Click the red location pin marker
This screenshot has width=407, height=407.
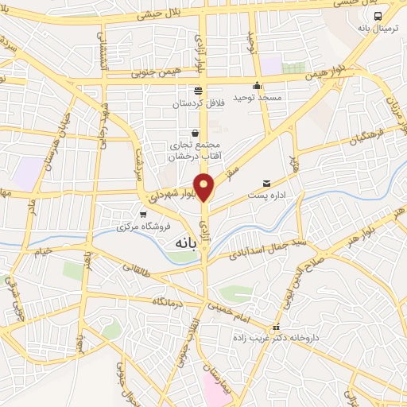tap(205, 188)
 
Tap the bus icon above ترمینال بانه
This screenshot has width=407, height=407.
tap(378, 16)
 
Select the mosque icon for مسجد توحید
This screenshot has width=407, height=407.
tap(257, 87)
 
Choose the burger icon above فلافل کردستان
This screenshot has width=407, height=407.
tap(197, 91)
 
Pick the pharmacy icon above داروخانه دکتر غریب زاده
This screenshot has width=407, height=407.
tap(276, 326)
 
